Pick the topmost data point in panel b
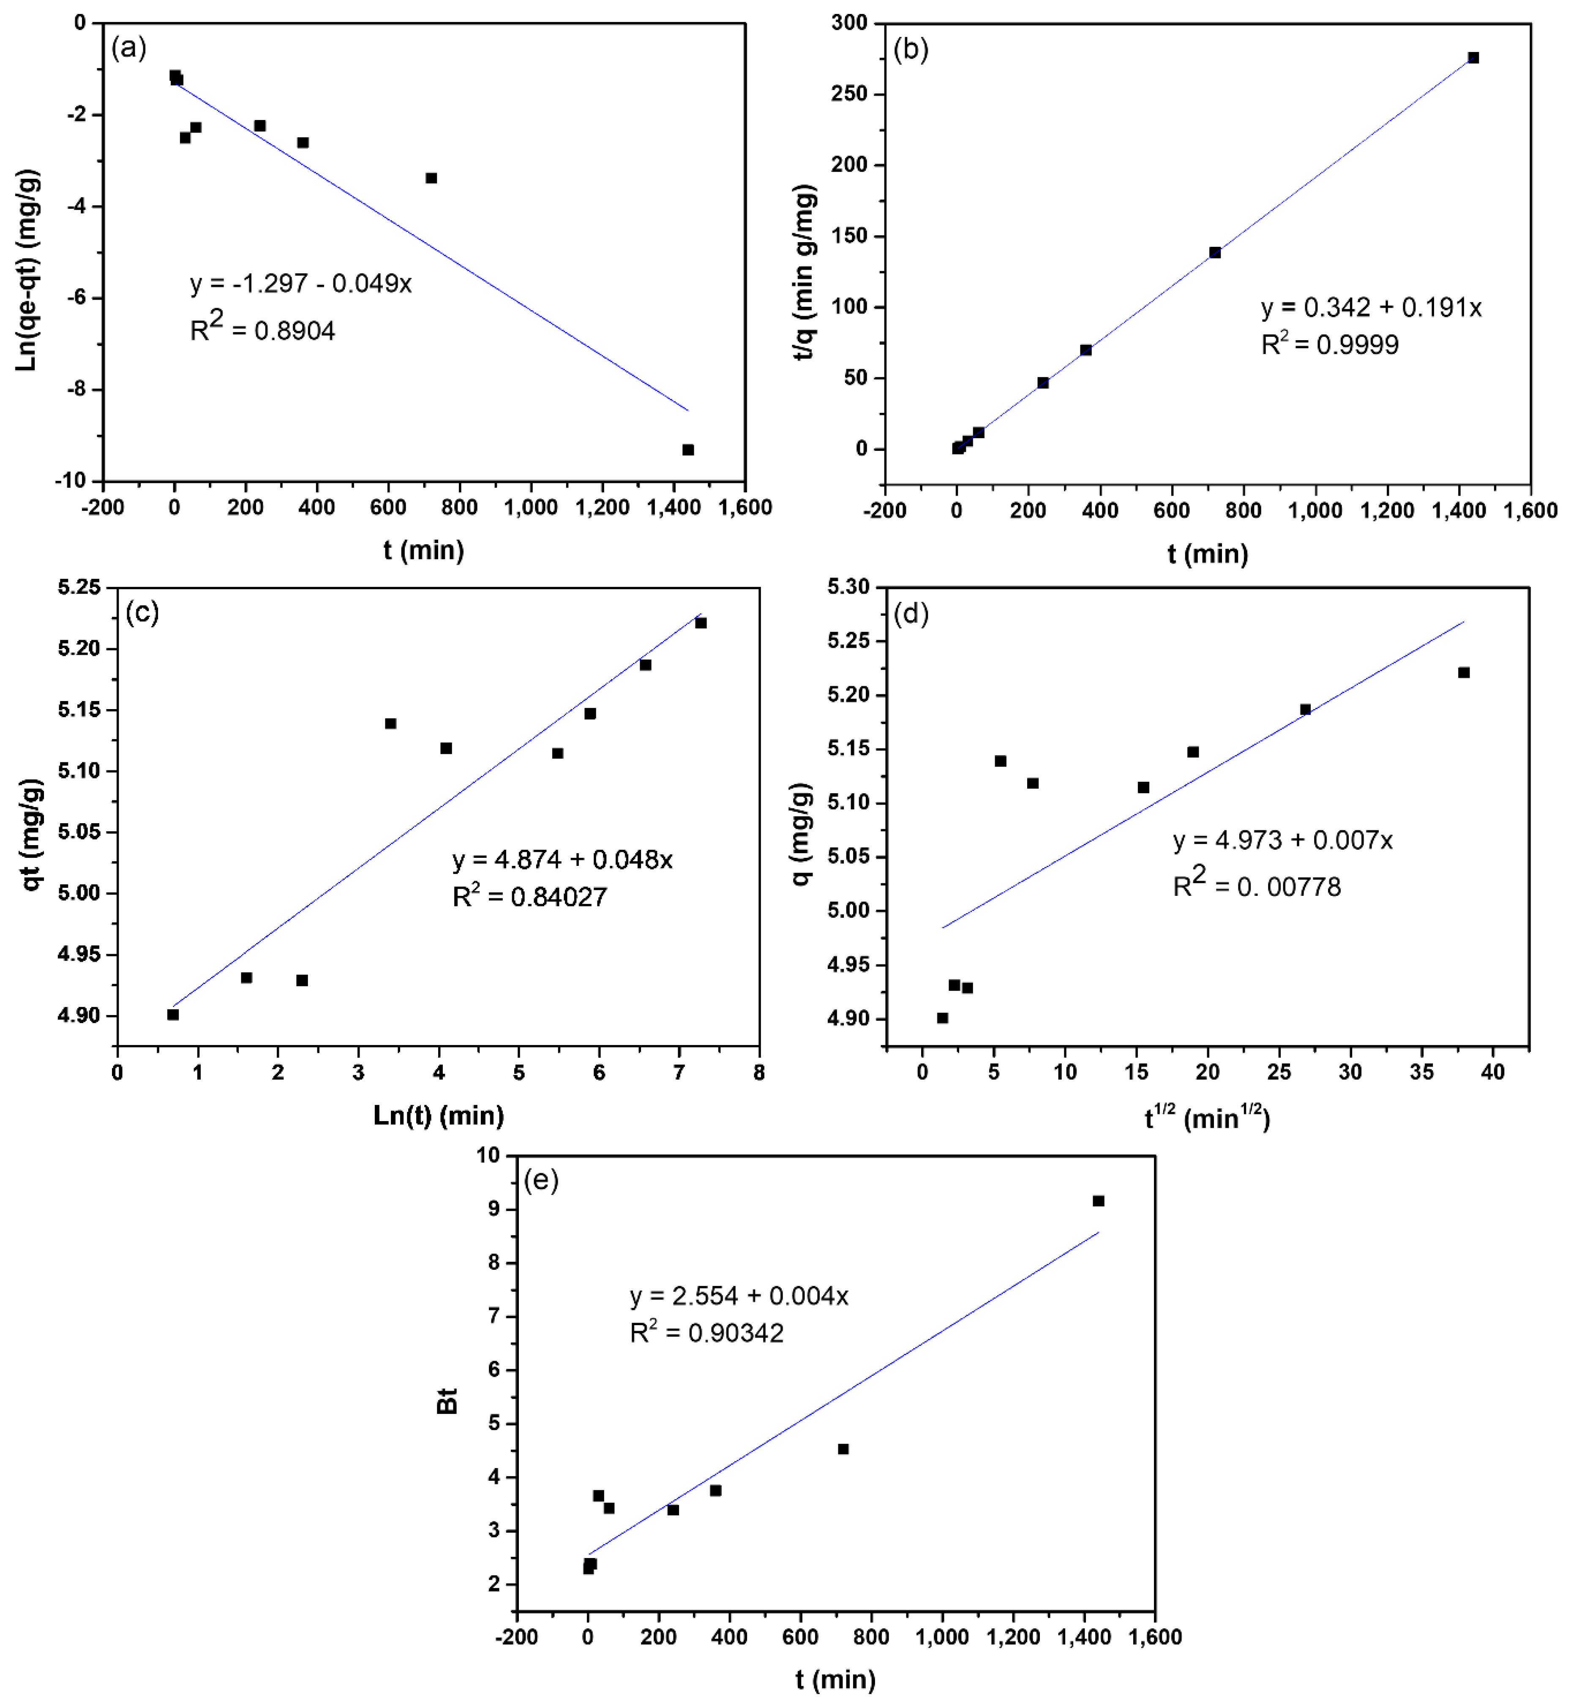[1473, 58]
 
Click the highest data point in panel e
[1098, 1201]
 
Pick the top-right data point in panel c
[701, 623]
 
